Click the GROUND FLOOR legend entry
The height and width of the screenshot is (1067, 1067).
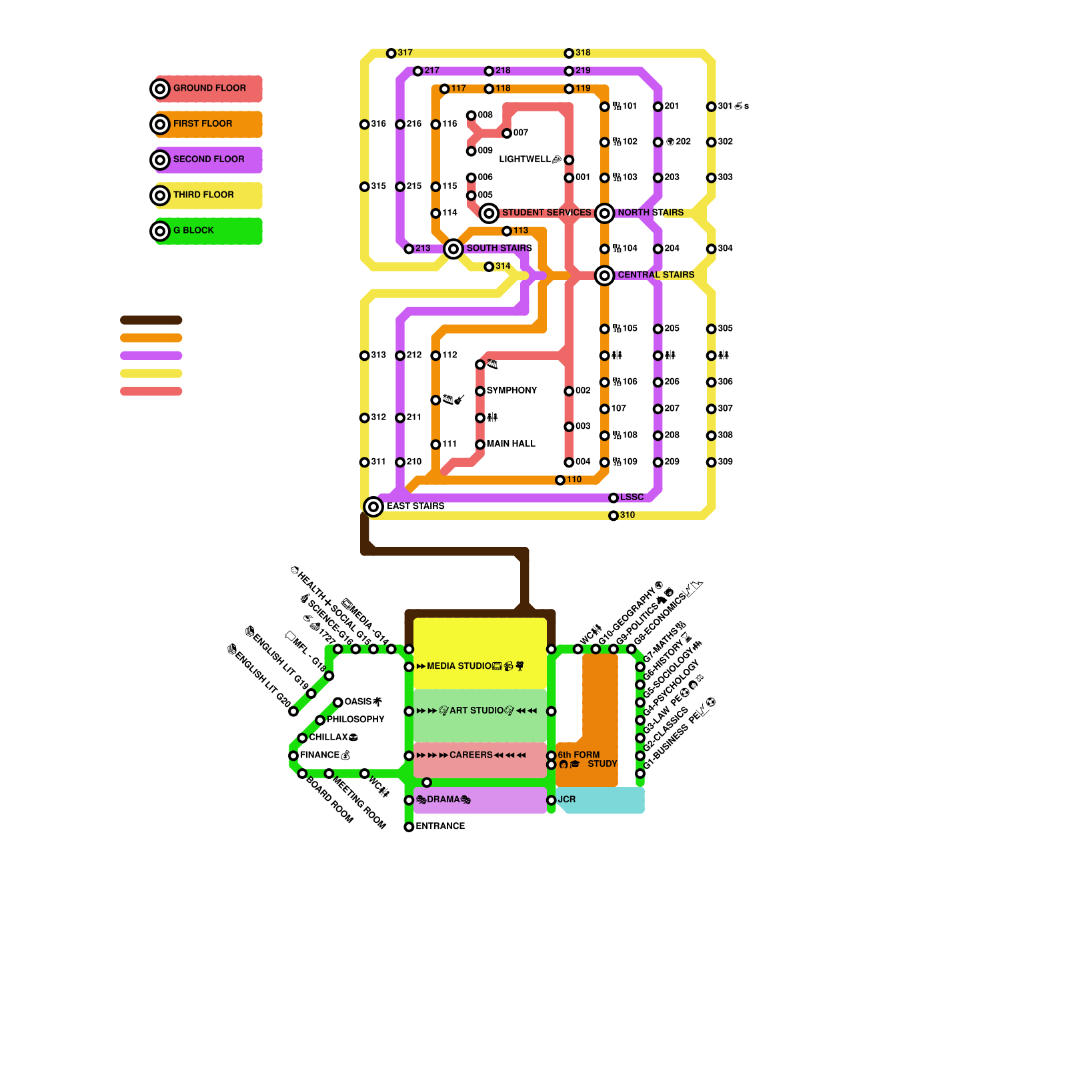pyautogui.click(x=209, y=88)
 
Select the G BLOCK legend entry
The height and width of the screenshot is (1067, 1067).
pyautogui.click(x=193, y=231)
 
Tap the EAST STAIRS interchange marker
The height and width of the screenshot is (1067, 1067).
pyautogui.click(x=373, y=507)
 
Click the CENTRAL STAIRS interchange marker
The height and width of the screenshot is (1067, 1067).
pyautogui.click(x=605, y=275)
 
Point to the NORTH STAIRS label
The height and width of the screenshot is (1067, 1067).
pyautogui.click(x=650, y=213)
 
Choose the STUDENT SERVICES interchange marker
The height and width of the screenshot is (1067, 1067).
pyautogui.click(x=489, y=213)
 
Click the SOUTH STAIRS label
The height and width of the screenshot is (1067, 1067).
pyautogui.click(x=499, y=248)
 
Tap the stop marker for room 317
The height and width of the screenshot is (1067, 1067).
pyautogui.click(x=391, y=53)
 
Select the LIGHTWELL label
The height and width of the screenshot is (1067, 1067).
pyautogui.click(x=525, y=159)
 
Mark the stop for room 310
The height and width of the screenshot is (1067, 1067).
pyautogui.click(x=614, y=515)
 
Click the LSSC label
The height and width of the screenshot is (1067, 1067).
pyautogui.click(x=632, y=497)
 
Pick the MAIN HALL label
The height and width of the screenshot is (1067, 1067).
pyautogui.click(x=511, y=444)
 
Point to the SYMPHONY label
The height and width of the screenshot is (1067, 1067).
pyautogui.click(x=511, y=391)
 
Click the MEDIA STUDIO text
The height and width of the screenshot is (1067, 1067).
pyautogui.click(x=459, y=666)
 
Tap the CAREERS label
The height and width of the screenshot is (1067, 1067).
pyautogui.click(x=471, y=755)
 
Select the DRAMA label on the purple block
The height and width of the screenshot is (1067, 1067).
pyautogui.click(x=443, y=800)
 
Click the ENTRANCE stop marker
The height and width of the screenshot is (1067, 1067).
pyautogui.click(x=409, y=827)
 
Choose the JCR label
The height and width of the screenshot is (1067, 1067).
pyautogui.click(x=567, y=800)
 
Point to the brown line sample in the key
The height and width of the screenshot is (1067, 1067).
pyautogui.click(x=151, y=320)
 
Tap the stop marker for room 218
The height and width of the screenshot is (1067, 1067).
pyautogui.click(x=489, y=71)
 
